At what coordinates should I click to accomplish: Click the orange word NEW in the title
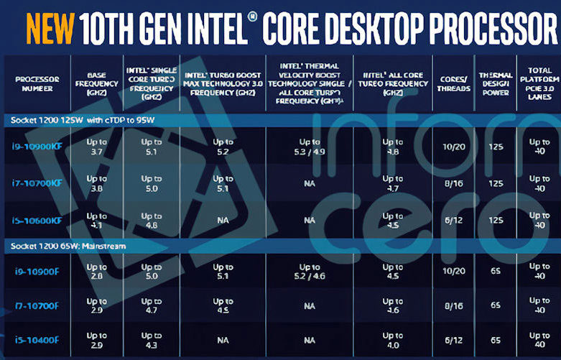(x=50, y=27)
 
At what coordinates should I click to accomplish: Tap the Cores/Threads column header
(x=454, y=83)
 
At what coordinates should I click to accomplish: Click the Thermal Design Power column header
(x=496, y=83)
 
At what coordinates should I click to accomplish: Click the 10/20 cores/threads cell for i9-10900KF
(x=454, y=147)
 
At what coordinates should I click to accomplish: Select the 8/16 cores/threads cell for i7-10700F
(x=454, y=306)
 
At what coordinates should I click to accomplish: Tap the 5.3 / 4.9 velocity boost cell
(x=310, y=147)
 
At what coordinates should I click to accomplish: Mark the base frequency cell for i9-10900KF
(x=96, y=147)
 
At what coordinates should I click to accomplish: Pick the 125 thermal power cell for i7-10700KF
(x=496, y=183)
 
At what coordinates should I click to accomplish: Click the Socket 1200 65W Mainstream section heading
(x=68, y=246)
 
